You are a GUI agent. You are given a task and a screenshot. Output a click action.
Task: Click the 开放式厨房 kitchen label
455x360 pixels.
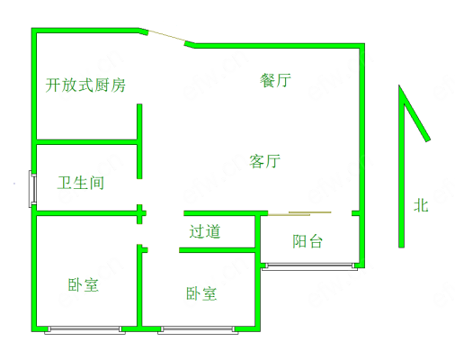tap(85, 85)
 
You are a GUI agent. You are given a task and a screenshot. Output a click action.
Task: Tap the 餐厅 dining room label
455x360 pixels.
tap(275, 80)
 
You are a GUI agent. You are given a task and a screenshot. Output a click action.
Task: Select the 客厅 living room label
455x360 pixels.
tap(265, 161)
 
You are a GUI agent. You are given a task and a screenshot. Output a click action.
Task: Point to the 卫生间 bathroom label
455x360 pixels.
tap(81, 183)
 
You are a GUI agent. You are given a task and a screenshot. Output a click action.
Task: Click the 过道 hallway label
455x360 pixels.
tap(205, 231)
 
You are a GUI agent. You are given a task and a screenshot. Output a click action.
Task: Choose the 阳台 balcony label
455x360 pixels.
tap(308, 241)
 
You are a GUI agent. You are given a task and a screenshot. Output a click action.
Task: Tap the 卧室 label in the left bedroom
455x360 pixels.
tap(83, 284)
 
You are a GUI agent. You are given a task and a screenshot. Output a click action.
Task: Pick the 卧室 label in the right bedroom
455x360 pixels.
tap(201, 293)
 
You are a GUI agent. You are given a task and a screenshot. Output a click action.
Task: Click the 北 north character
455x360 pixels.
tap(421, 206)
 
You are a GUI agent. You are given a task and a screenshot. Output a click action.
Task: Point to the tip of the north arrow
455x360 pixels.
tap(399, 85)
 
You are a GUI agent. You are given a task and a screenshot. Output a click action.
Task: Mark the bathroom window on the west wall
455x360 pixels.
tap(32, 189)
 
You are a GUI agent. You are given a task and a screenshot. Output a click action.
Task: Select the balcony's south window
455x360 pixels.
tap(309, 266)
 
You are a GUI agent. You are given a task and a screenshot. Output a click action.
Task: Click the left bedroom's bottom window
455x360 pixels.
tap(85, 330)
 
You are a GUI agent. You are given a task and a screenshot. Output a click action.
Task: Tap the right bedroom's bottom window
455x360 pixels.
tap(198, 330)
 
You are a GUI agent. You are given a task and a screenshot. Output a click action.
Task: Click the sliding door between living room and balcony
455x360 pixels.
tap(299, 213)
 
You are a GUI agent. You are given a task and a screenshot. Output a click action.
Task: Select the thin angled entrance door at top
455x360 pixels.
tap(166, 37)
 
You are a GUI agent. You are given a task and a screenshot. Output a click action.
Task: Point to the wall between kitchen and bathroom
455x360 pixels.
tap(86, 142)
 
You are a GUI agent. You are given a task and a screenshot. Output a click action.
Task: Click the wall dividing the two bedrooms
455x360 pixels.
tap(139, 285)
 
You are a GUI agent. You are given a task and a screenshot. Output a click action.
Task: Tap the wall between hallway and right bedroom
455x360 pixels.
tap(217, 250)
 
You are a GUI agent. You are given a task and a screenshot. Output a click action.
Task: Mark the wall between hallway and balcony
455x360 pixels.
tap(257, 230)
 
